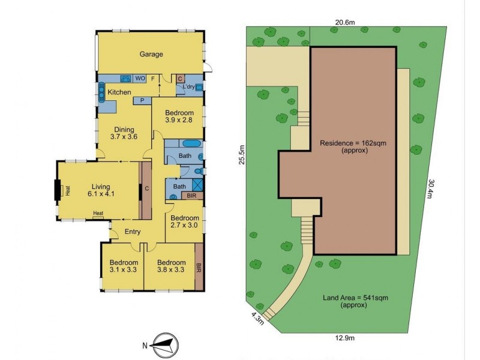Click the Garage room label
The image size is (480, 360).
pos(151,55)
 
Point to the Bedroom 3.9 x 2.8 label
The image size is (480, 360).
pos(179,118)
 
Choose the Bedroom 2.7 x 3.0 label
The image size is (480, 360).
pos(184,221)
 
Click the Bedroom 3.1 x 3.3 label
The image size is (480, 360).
pos(124,266)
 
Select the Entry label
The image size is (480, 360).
pos(133,232)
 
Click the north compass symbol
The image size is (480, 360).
pos(162,344)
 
